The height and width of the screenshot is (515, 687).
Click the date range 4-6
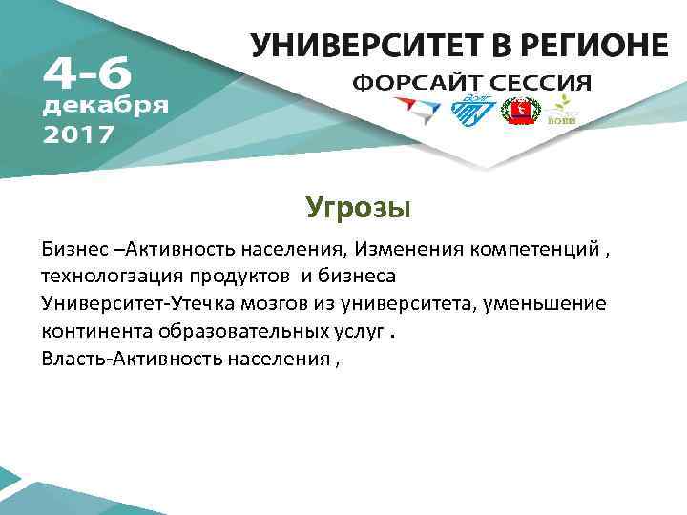click(x=87, y=72)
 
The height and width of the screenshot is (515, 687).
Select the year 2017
click(x=79, y=133)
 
